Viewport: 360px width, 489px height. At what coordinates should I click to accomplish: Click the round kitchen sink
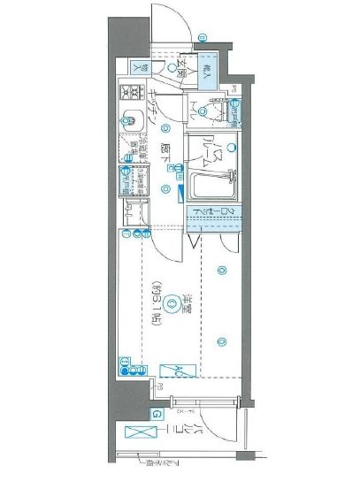pyautogui.click(x=128, y=119)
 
